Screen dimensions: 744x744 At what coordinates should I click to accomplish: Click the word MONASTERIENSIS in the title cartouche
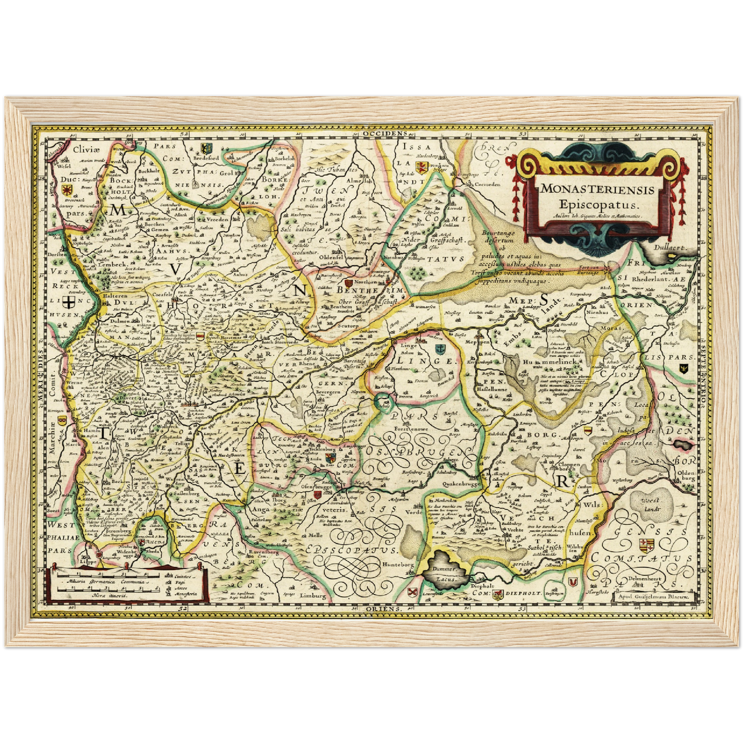coord(597,189)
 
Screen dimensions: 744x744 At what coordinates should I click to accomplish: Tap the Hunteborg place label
coord(398,564)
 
